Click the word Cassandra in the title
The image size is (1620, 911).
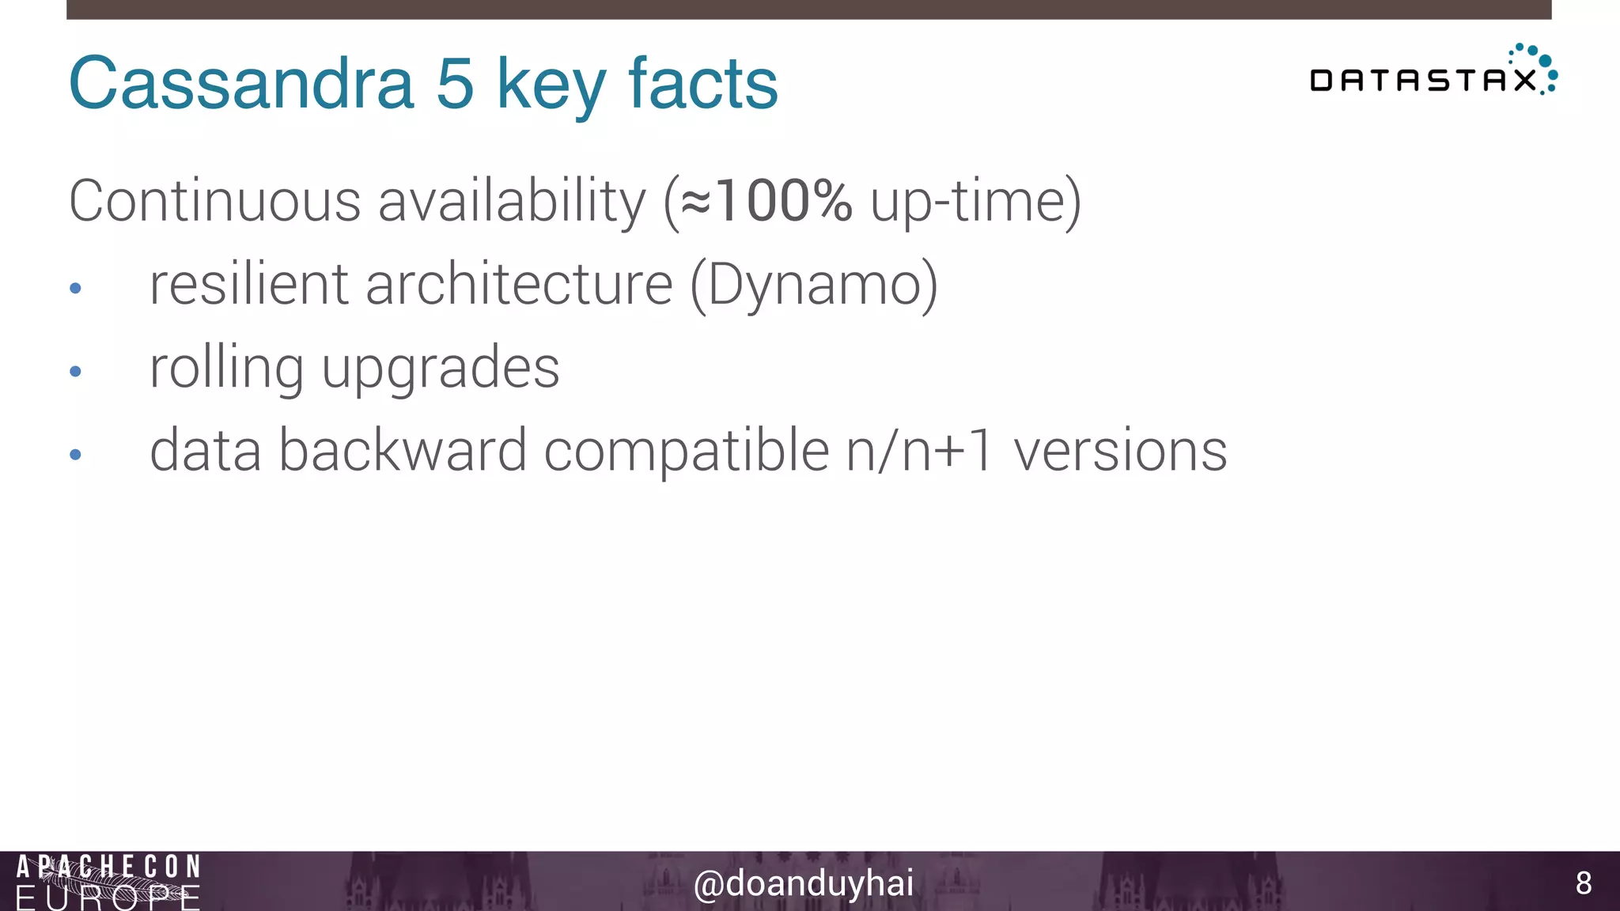(x=241, y=83)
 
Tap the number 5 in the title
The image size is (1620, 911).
(x=455, y=83)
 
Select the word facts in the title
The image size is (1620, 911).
(x=703, y=83)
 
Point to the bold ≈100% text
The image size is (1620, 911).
(x=766, y=201)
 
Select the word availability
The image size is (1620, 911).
(x=512, y=201)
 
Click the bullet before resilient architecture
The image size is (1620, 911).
(x=76, y=289)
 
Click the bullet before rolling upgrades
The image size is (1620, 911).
(x=76, y=371)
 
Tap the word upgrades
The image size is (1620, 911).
(x=441, y=369)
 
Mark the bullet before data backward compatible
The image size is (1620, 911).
(x=76, y=454)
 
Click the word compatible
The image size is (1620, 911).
(x=687, y=451)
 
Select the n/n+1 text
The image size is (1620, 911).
(x=918, y=451)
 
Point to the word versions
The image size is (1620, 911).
(x=1120, y=451)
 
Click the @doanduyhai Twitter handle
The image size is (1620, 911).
(x=803, y=883)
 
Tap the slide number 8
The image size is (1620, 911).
(x=1584, y=883)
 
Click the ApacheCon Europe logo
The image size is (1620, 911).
(x=108, y=882)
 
